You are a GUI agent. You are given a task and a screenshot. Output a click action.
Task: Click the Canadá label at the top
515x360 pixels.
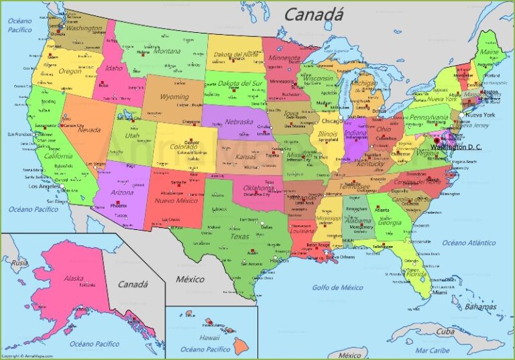point(314,13)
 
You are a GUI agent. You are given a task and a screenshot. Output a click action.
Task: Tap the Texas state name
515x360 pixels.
point(239,236)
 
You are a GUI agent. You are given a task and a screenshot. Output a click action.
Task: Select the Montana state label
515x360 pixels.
point(167,50)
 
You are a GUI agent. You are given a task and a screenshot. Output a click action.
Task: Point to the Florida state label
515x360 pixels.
point(416,274)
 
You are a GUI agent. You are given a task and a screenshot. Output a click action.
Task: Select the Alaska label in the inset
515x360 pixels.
point(74,278)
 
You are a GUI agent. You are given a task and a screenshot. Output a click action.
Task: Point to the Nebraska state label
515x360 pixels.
point(239,122)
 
